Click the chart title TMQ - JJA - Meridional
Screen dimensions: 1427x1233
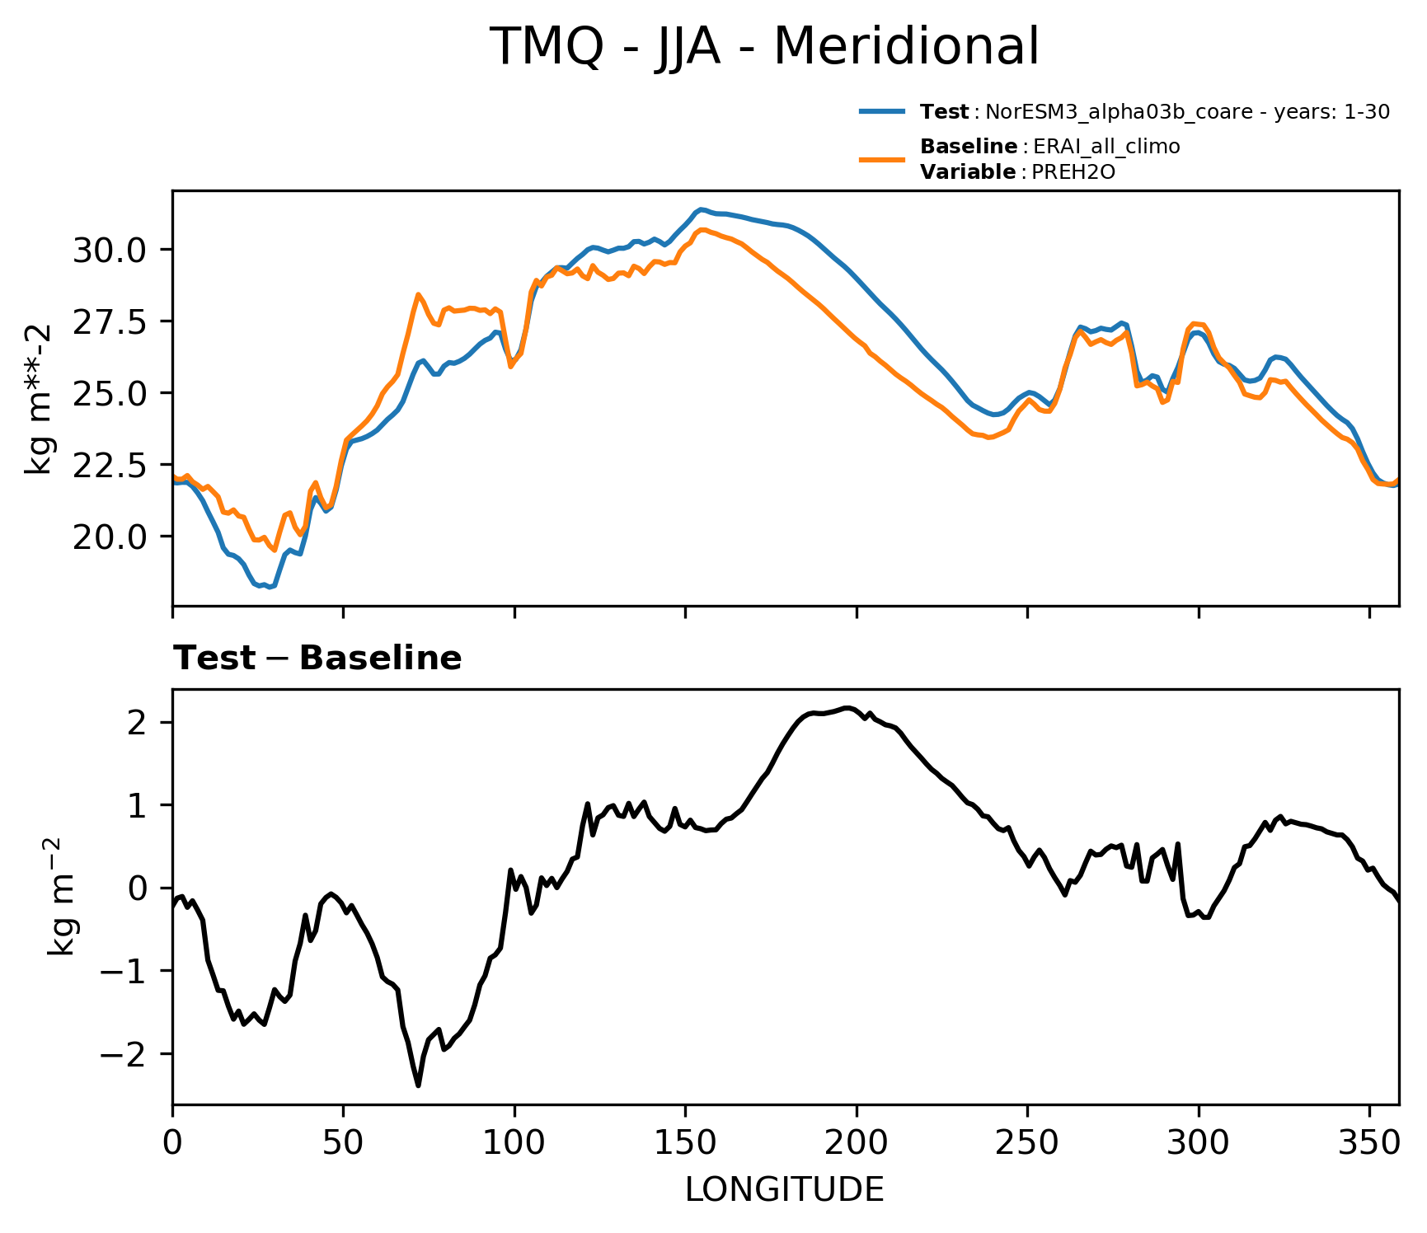coord(764,46)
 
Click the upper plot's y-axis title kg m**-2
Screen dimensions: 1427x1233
coord(38,399)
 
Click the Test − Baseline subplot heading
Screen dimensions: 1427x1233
coord(317,659)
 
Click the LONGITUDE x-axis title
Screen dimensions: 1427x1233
coord(785,1189)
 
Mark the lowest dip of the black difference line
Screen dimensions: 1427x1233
coord(419,1085)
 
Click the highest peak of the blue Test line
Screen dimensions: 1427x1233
coord(701,209)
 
